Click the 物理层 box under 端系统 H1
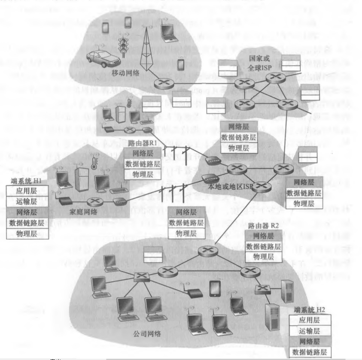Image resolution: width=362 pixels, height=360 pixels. (x=27, y=234)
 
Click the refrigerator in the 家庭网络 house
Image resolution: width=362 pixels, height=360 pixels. (x=83, y=178)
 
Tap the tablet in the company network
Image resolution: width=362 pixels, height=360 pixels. (x=215, y=290)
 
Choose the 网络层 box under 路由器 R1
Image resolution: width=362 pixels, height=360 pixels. (x=141, y=154)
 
